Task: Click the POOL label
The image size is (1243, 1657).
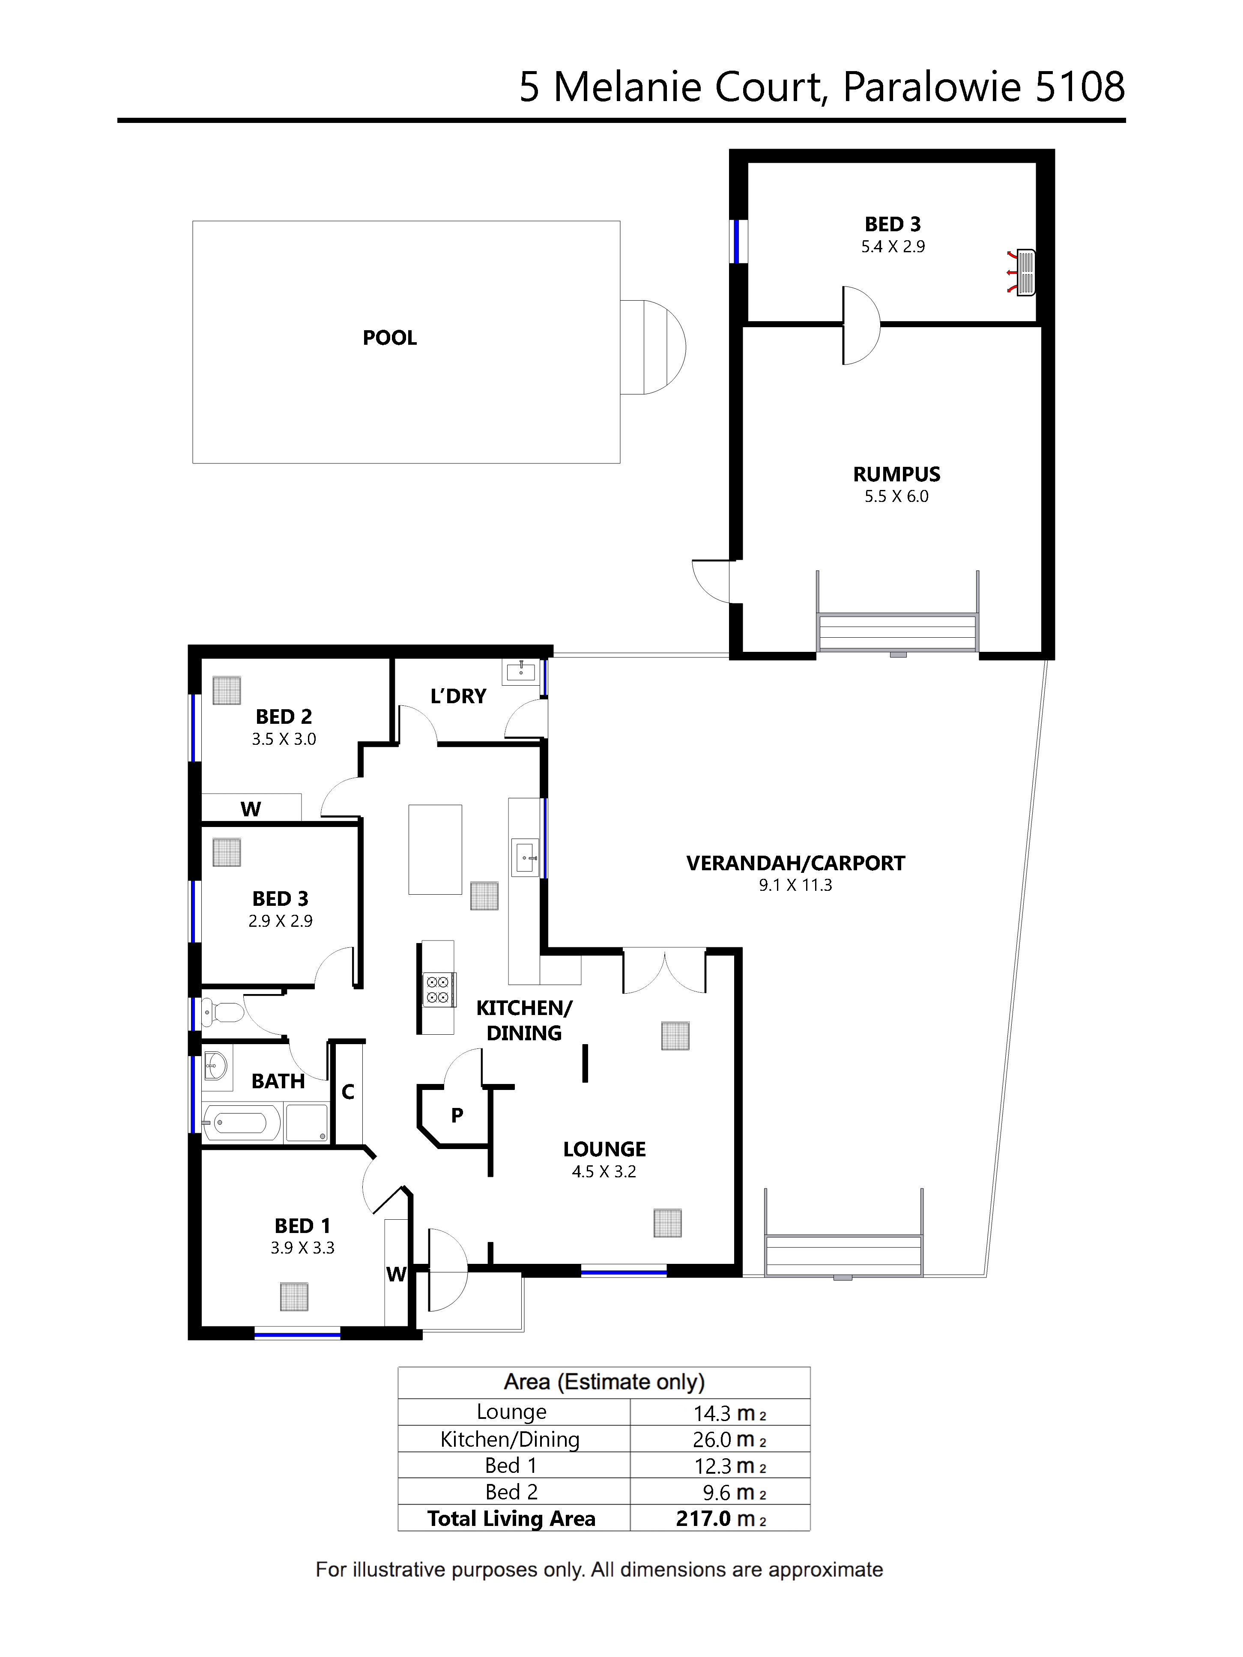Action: pos(390,338)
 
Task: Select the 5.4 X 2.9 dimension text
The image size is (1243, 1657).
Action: pos(893,246)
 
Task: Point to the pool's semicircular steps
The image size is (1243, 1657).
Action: pos(653,347)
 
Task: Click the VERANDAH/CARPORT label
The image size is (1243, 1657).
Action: pos(796,863)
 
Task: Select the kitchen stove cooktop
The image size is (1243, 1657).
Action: pos(438,989)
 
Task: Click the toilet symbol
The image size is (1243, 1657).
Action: pos(223,1013)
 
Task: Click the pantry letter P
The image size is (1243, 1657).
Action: pos(457,1115)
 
